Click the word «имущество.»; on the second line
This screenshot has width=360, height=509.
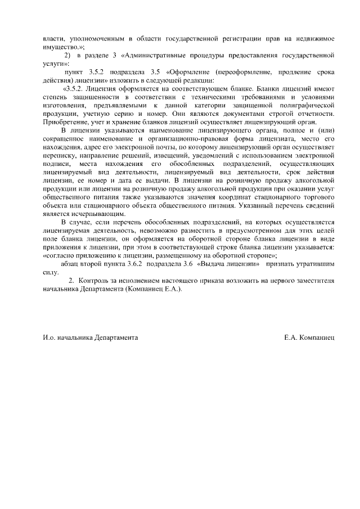point(64,48)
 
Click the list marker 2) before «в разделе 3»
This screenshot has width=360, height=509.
point(67,56)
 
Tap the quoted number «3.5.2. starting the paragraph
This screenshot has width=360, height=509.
point(74,89)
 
